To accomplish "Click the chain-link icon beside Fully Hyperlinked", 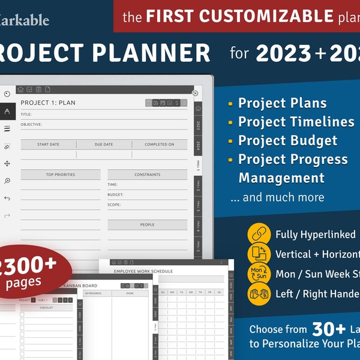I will [x=259, y=235].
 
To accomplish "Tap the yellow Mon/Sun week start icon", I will [x=259, y=274].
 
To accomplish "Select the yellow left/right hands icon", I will [x=259, y=294].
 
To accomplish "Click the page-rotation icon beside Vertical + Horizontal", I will [x=259, y=254].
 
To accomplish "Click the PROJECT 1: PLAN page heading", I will [x=48, y=103].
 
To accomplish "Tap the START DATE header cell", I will [x=48, y=145].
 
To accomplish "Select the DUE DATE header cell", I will [x=104, y=145].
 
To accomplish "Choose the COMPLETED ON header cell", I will [x=160, y=145].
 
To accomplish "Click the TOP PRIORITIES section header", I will [x=61, y=175].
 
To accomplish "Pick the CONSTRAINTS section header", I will [x=148, y=175].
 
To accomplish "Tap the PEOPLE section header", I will [x=148, y=225].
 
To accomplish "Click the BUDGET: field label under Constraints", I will [x=116, y=194].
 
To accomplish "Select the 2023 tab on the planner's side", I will [x=199, y=125].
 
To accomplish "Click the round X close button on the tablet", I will [x=195, y=93].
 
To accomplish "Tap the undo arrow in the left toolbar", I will [x=7, y=198].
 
